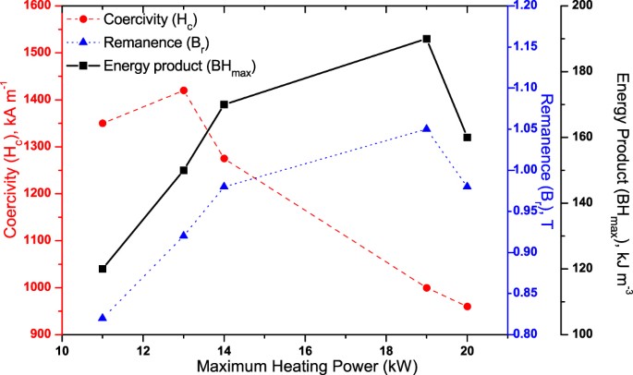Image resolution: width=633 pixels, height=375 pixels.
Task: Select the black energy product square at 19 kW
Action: click(x=427, y=39)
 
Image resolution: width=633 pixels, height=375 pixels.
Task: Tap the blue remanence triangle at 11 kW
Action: click(x=102, y=318)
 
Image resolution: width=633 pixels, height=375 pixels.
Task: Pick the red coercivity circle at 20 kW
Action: click(x=468, y=307)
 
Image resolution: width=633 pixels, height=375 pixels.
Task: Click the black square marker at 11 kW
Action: click(x=102, y=269)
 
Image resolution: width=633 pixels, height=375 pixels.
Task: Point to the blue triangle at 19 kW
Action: click(x=427, y=129)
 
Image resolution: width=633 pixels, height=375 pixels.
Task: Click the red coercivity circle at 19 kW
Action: click(x=427, y=288)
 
